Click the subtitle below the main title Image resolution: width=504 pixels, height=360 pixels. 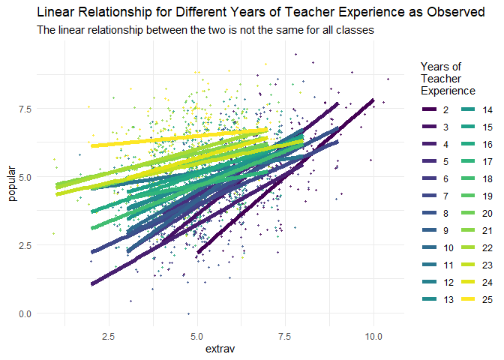205,31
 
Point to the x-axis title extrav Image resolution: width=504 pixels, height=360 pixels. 220,349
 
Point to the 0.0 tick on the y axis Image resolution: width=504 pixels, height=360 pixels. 27,313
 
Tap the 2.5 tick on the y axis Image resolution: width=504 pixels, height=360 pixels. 27,245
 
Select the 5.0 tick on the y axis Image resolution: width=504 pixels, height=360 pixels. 27,177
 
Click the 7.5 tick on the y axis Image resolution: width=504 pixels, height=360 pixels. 27,109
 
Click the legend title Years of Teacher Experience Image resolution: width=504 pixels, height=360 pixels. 448,78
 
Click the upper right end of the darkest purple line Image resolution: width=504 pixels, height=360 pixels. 373,100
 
